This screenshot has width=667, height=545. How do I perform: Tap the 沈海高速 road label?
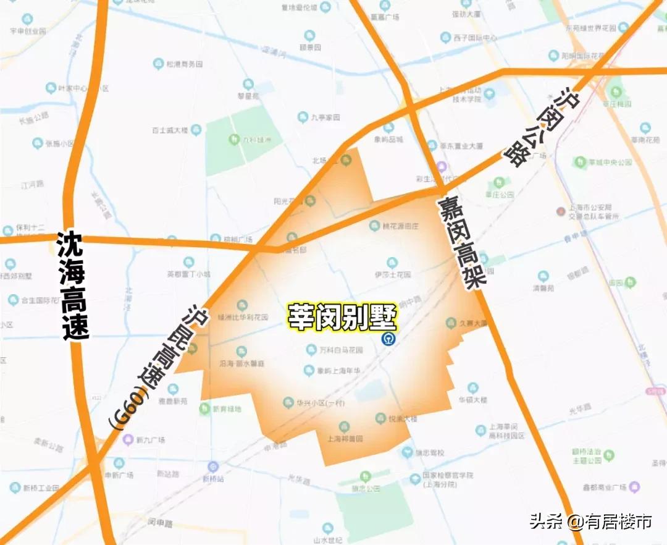[x=73, y=285]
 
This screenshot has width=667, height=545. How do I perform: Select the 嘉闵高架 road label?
[x=463, y=242]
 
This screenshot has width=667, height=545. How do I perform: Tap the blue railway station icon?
[x=388, y=339]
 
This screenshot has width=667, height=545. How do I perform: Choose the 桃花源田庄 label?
[x=402, y=227]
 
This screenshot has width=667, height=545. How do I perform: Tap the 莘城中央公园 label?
[x=610, y=162]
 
